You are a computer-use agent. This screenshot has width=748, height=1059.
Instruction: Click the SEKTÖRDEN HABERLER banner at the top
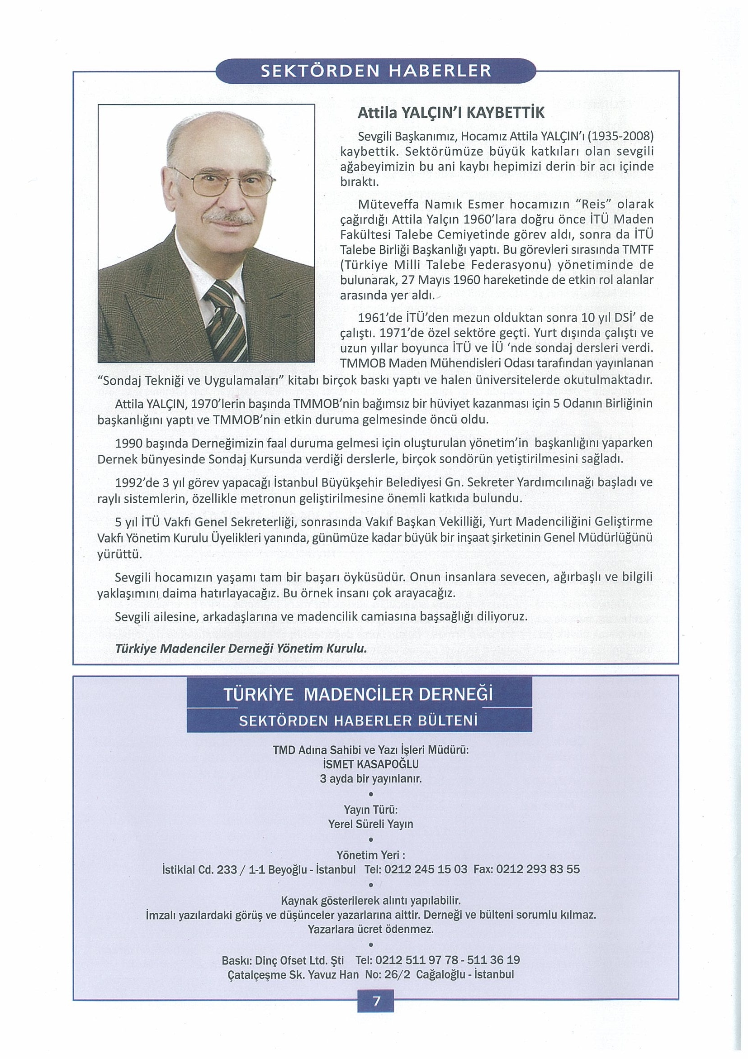[x=376, y=71]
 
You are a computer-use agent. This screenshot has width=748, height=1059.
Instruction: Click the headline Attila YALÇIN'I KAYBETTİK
[x=451, y=113]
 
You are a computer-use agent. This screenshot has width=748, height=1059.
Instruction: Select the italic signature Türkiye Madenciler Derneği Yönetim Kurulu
[x=241, y=649]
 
